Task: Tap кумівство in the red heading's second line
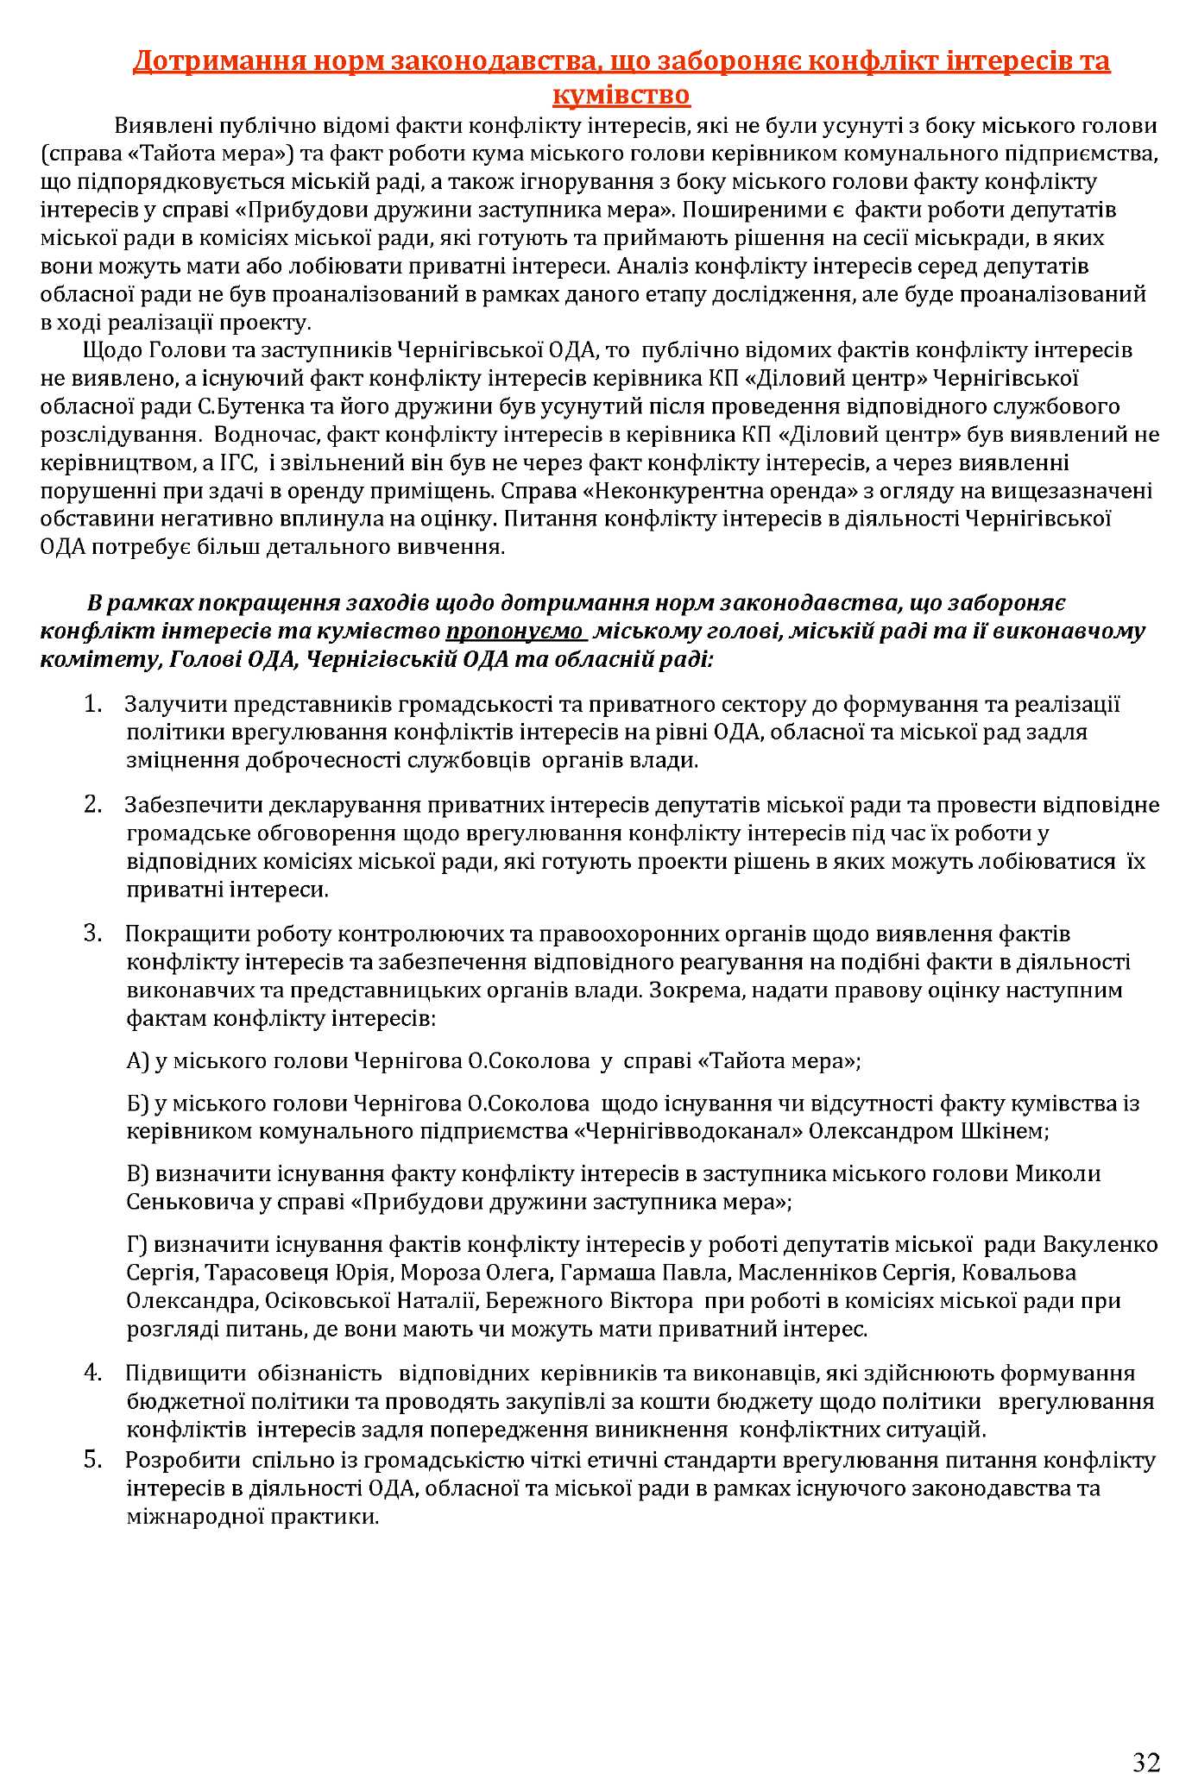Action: point(621,94)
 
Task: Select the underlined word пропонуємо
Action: point(514,631)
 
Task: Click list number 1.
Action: point(94,704)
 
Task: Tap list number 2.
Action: point(94,805)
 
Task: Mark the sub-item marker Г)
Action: point(138,1244)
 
